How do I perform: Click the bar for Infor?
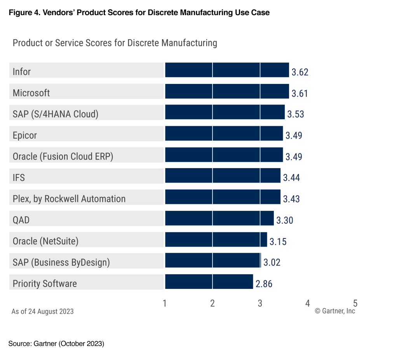227,70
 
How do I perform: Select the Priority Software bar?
209,282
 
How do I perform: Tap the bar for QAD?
219,218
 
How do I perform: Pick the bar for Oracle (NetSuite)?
216,239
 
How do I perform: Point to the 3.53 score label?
296,114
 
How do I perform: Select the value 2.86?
264,284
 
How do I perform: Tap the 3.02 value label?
272,263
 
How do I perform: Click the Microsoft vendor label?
31,93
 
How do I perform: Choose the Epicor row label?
25,135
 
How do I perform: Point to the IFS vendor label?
19,177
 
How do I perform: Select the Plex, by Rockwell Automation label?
69,199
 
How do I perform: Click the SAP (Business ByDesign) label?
61,262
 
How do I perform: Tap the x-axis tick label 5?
355,303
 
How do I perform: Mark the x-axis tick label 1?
165,303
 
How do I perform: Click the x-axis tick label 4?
308,303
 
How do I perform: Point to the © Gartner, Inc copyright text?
335,311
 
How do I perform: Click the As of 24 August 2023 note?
42,311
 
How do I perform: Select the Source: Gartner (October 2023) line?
56,344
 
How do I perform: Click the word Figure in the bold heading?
19,12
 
